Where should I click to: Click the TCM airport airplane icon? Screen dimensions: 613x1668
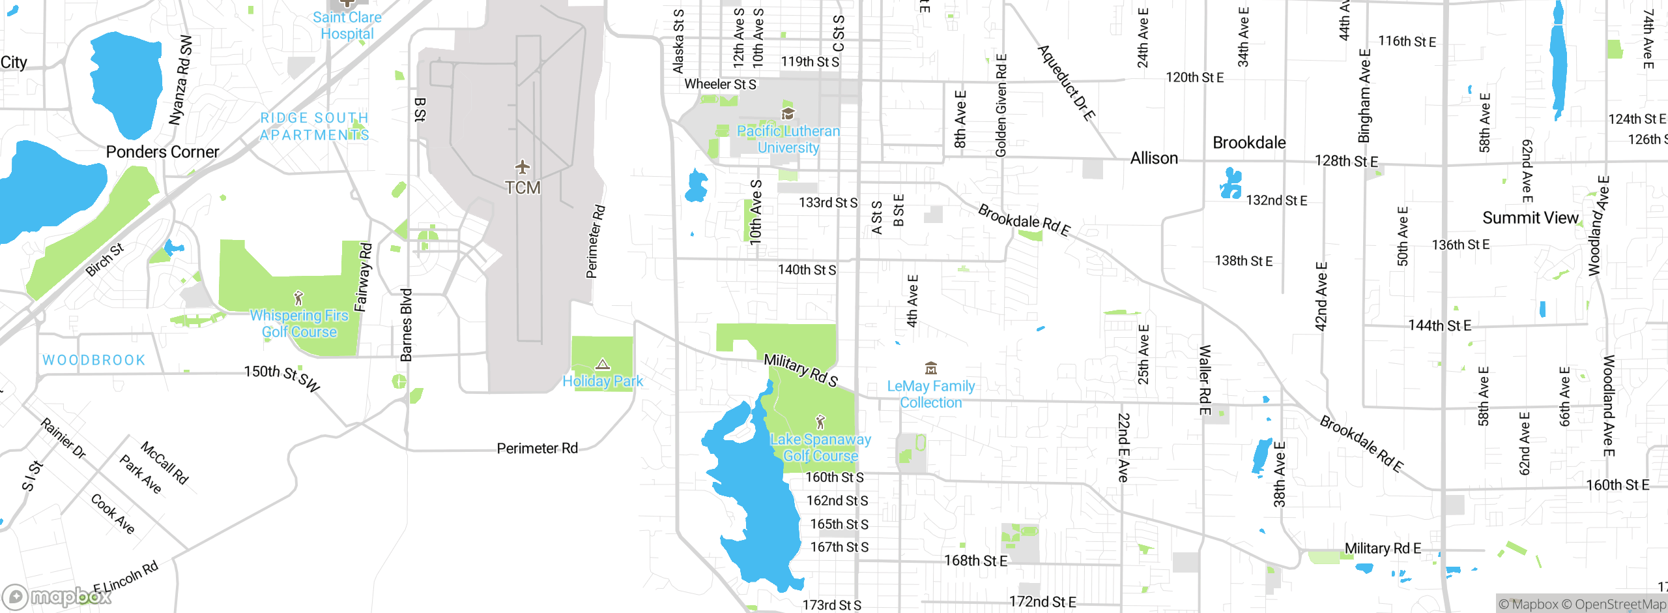[522, 168]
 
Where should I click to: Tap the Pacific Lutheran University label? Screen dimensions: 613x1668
[788, 139]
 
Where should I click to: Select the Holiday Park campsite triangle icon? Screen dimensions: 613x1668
[603, 364]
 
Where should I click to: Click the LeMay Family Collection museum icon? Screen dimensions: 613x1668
[931, 368]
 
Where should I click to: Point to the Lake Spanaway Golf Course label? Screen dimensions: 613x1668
[820, 447]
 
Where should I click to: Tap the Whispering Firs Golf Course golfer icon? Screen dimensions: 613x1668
[298, 298]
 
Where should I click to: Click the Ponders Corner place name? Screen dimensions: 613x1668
[162, 152]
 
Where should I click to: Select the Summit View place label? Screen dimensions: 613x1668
[1530, 218]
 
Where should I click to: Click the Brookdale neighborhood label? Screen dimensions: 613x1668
[1249, 143]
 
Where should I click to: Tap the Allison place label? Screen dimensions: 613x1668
[1154, 158]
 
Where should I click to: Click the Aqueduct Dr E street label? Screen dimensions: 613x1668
[1066, 82]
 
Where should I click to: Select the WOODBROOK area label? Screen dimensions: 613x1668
[94, 360]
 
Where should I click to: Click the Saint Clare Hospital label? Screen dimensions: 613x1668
[347, 25]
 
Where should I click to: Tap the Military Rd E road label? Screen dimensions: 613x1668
[1383, 548]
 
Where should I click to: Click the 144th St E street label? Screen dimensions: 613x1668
[1439, 325]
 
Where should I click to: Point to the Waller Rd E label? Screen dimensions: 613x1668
[1205, 380]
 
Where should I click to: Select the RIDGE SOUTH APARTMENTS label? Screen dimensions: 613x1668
[315, 127]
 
